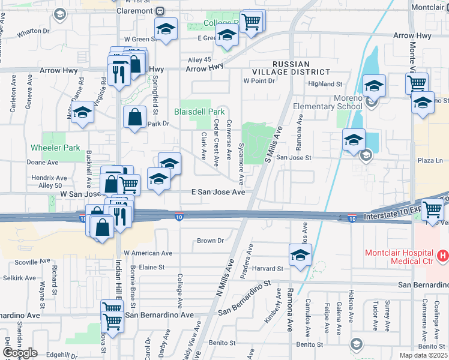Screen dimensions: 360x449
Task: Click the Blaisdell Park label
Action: [x=199, y=112]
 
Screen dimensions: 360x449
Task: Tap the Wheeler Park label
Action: [x=55, y=148]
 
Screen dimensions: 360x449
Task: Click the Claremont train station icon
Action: [x=160, y=11]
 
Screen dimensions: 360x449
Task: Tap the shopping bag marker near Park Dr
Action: [x=135, y=118]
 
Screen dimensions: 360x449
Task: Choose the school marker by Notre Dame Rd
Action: [x=83, y=112]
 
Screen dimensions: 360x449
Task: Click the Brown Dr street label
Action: [x=210, y=241]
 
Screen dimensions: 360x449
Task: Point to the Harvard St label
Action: [x=271, y=268]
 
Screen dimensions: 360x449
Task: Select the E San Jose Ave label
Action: [x=218, y=192]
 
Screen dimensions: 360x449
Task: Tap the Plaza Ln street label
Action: [x=430, y=161]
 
